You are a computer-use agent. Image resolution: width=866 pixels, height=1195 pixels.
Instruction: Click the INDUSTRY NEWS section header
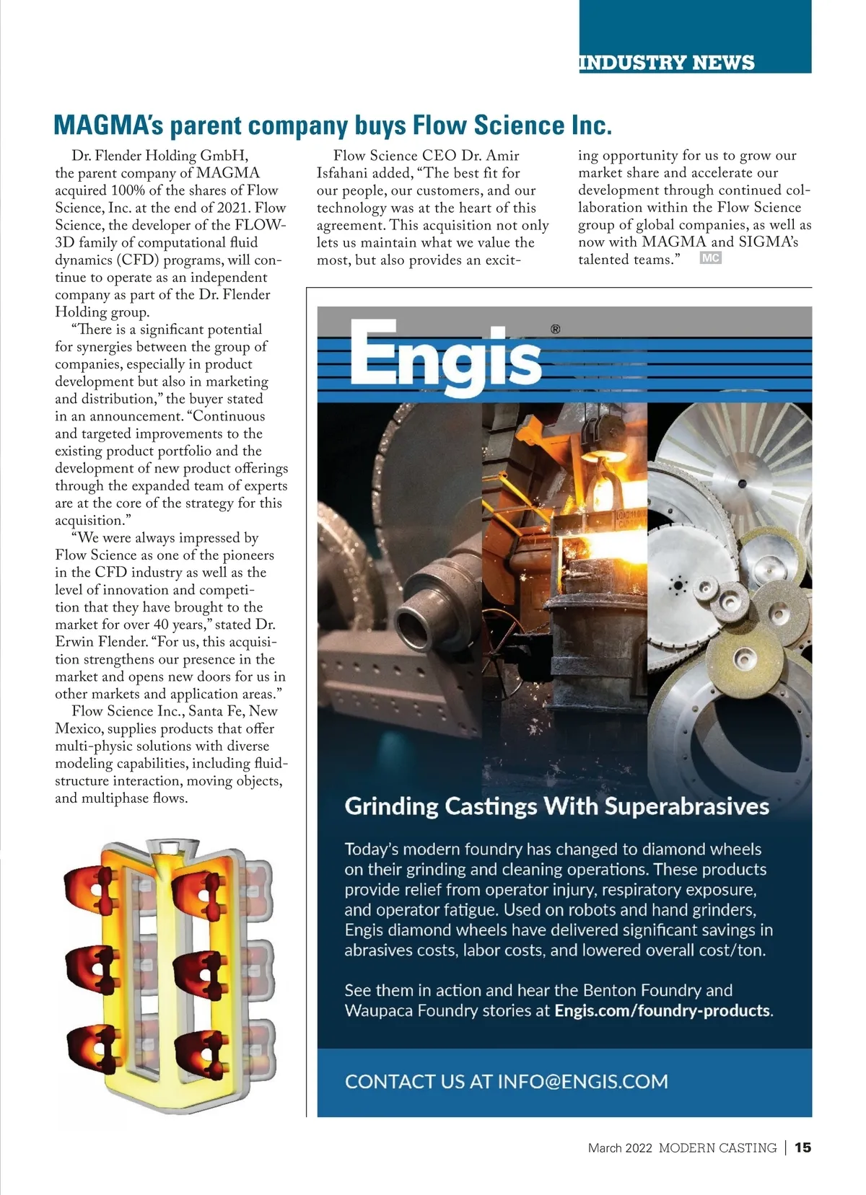coord(666,63)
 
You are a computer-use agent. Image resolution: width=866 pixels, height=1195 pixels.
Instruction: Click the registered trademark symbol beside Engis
coord(555,330)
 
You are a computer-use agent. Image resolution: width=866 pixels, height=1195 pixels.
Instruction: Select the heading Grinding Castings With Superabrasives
coord(556,806)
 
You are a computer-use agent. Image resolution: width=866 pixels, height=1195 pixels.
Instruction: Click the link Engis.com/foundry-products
coord(662,1010)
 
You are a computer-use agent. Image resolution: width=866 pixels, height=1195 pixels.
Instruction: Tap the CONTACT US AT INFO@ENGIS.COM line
coord(506,1081)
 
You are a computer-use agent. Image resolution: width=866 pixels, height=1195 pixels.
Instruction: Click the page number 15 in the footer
coord(802,1147)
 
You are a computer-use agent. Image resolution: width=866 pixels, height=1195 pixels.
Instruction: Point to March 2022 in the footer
coord(620,1148)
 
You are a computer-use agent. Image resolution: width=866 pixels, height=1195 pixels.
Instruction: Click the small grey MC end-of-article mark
coord(710,258)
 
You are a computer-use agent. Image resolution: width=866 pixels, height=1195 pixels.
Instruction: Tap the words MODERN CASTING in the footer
coord(717,1148)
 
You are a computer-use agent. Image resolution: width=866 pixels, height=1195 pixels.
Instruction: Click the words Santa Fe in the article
coord(218,711)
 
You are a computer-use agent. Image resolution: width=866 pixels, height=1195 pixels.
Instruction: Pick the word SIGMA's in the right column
coord(768,242)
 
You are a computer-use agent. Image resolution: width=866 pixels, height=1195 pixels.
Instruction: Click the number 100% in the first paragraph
coord(128,190)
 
